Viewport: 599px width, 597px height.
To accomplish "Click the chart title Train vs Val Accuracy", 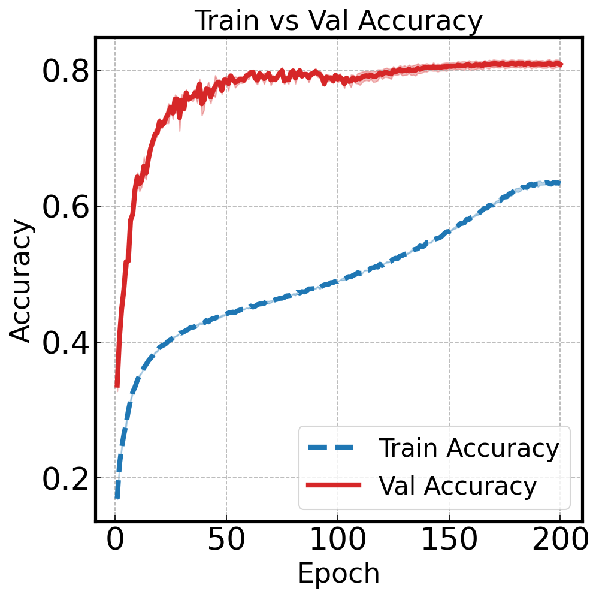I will [338, 21].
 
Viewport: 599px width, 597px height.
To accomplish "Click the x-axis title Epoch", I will [338, 573].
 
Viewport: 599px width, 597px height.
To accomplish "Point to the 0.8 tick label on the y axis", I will [65, 71].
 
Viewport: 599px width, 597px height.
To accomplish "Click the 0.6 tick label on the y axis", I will [65, 207].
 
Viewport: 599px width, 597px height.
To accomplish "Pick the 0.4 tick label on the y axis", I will [65, 343].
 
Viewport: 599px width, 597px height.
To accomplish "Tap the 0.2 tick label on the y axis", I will [65, 478].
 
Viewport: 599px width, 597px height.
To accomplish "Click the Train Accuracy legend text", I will [469, 448].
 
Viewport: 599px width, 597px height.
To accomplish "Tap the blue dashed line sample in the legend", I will [334, 448].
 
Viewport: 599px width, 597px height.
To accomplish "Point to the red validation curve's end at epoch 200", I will [560, 64].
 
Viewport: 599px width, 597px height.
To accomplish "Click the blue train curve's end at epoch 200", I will [559, 183].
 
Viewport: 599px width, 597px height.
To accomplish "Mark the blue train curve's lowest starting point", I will [117, 497].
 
